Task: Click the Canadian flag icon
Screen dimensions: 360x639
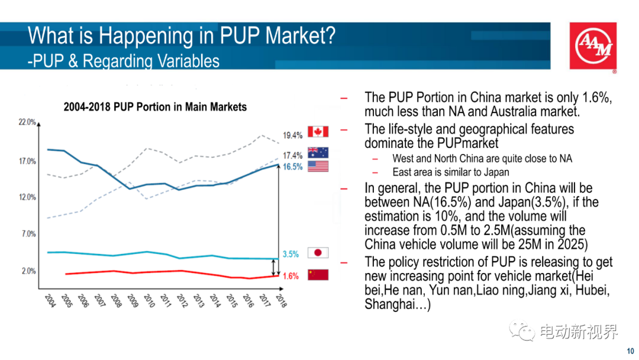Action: pyautogui.click(x=318, y=131)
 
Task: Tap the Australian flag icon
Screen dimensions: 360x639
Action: pyautogui.click(x=318, y=153)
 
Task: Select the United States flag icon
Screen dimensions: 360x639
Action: pyautogui.click(x=318, y=166)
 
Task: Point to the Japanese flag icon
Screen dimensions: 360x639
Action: pyautogui.click(x=318, y=253)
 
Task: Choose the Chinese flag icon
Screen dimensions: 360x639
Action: pyautogui.click(x=318, y=275)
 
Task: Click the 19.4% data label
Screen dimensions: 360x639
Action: pyautogui.click(x=293, y=136)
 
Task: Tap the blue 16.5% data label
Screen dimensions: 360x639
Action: pyautogui.click(x=293, y=167)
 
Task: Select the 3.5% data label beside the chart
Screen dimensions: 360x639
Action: pyautogui.click(x=291, y=254)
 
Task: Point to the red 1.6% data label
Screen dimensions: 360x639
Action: pyautogui.click(x=291, y=276)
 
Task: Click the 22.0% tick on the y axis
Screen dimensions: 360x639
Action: pyautogui.click(x=27, y=122)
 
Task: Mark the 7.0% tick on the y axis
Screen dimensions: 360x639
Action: pyautogui.click(x=28, y=234)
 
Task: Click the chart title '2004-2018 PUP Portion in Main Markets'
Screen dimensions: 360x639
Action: pyautogui.click(x=155, y=107)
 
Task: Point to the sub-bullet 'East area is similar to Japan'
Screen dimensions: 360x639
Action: pyautogui.click(x=450, y=172)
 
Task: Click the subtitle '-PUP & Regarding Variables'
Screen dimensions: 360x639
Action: pyautogui.click(x=123, y=61)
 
